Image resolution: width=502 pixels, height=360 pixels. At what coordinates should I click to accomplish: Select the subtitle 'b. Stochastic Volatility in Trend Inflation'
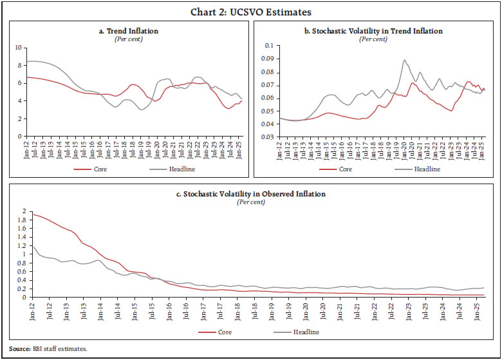point(373,31)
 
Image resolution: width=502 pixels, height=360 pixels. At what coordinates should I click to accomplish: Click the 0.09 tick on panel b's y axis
point(265,59)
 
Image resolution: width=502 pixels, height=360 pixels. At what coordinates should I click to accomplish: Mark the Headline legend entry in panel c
point(302,332)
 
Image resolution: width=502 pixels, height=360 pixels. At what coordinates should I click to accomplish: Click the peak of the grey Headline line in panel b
point(404,61)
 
